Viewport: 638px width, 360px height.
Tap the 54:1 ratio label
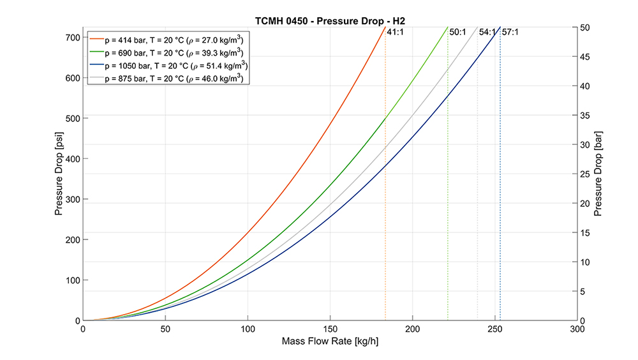(x=488, y=32)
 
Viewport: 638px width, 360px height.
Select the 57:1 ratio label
(x=510, y=32)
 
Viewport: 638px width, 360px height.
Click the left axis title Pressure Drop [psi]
(x=59, y=174)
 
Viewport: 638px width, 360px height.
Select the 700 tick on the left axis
(x=71, y=37)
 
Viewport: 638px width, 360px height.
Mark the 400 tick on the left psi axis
(x=71, y=158)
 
